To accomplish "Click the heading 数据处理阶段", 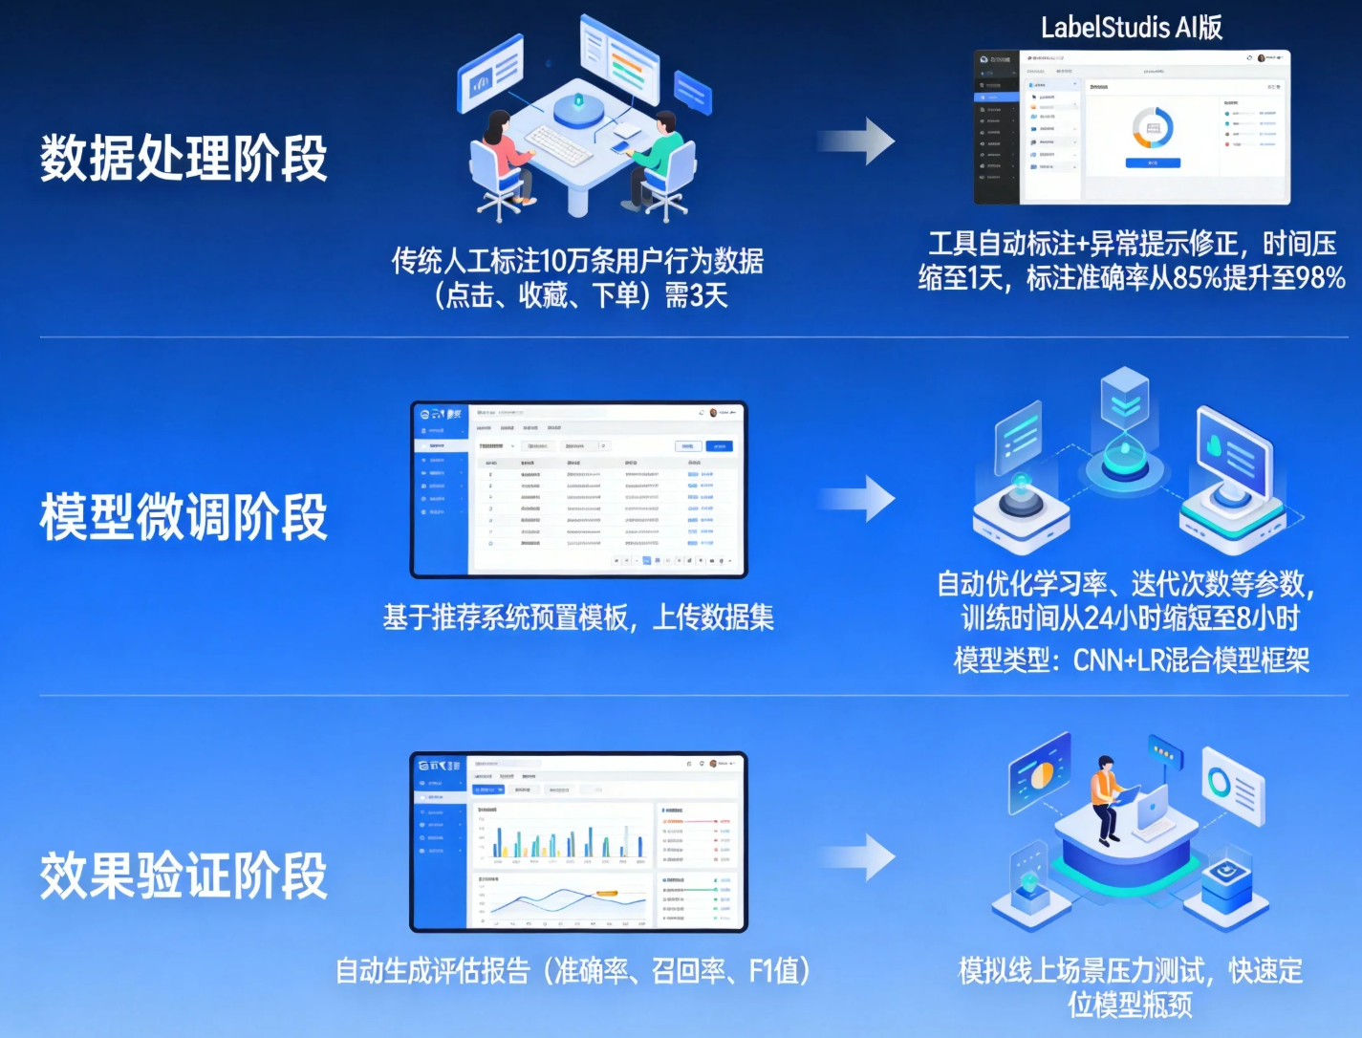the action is (x=184, y=159).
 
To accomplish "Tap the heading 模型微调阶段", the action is (x=184, y=517).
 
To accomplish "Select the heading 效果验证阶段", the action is (x=184, y=876).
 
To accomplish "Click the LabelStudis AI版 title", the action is (x=1132, y=27).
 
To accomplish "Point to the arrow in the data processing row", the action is (x=857, y=141).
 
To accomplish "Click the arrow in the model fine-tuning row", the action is (x=857, y=498).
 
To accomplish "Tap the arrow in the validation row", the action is (x=857, y=856).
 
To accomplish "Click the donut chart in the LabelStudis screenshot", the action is (x=1153, y=128).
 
